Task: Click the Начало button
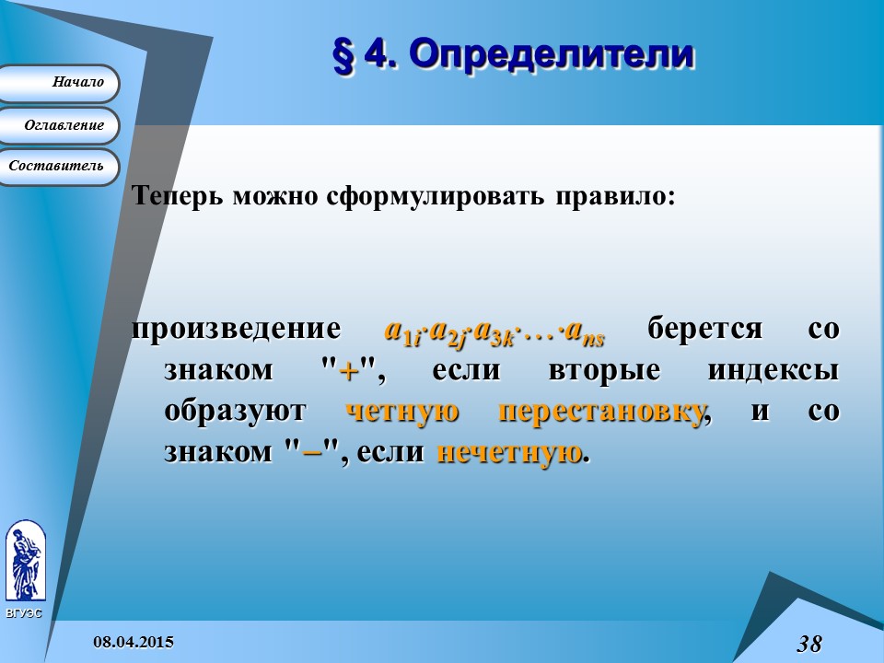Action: point(59,83)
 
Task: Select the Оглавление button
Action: point(59,125)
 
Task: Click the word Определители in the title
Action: point(551,54)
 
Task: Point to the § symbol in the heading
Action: point(341,55)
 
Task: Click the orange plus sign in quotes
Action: point(348,371)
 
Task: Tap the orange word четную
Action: point(401,412)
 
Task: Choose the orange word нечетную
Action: point(509,452)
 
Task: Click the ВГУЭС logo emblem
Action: point(25,562)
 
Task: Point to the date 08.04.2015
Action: point(134,641)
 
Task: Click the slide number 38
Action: point(809,644)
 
